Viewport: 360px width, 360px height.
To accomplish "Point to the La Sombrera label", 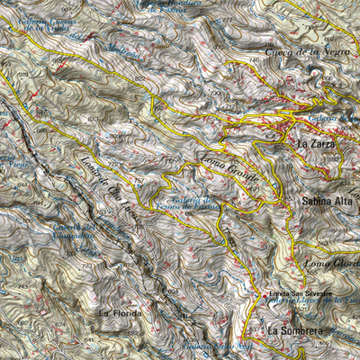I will [x=294, y=331].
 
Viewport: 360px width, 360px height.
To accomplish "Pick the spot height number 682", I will [x=21, y=322].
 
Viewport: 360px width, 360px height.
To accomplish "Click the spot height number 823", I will [x=94, y=118].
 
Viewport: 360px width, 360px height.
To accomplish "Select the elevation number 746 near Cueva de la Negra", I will [x=254, y=59].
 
